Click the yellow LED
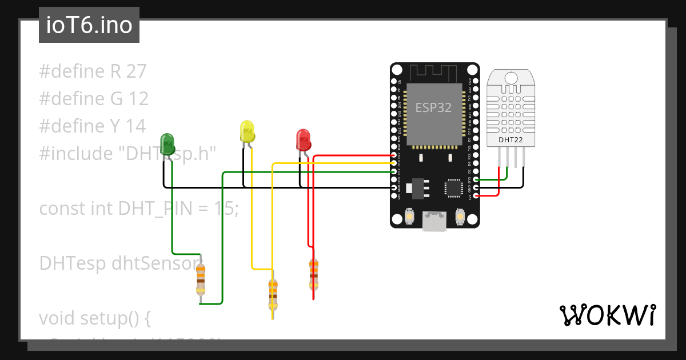pyautogui.click(x=247, y=131)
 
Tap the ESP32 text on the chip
pyautogui.click(x=433, y=108)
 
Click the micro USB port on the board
pyautogui.click(x=434, y=221)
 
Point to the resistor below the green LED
pyautogui.click(x=200, y=278)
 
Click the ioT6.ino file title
pyautogui.click(x=89, y=26)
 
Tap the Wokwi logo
pyautogui.click(x=607, y=315)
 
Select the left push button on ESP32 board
pyautogui.click(x=409, y=217)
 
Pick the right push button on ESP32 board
pyautogui.click(x=460, y=217)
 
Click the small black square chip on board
pyautogui.click(x=454, y=187)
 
